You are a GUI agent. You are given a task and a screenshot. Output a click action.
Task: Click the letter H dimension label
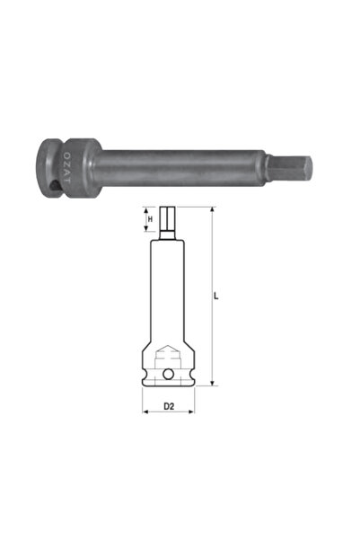point(150,218)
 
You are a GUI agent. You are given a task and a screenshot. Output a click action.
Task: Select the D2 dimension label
point(168,408)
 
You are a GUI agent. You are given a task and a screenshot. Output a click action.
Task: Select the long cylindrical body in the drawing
point(168,288)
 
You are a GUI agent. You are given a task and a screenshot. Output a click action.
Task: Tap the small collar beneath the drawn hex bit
point(168,239)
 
